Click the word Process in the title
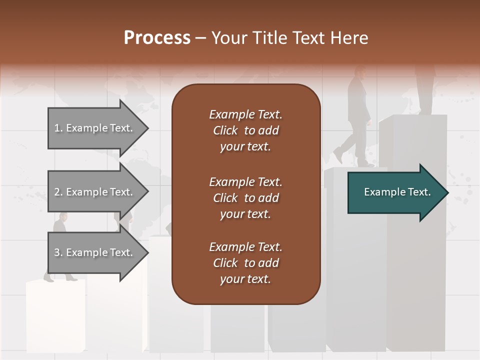click(x=157, y=38)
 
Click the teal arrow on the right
click(x=395, y=192)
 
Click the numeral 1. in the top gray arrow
click(x=58, y=128)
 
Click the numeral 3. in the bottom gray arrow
click(x=58, y=252)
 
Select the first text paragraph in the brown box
click(x=245, y=130)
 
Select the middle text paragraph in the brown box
click(x=245, y=197)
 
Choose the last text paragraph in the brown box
click(x=245, y=263)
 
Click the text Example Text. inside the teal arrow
click(x=397, y=192)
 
